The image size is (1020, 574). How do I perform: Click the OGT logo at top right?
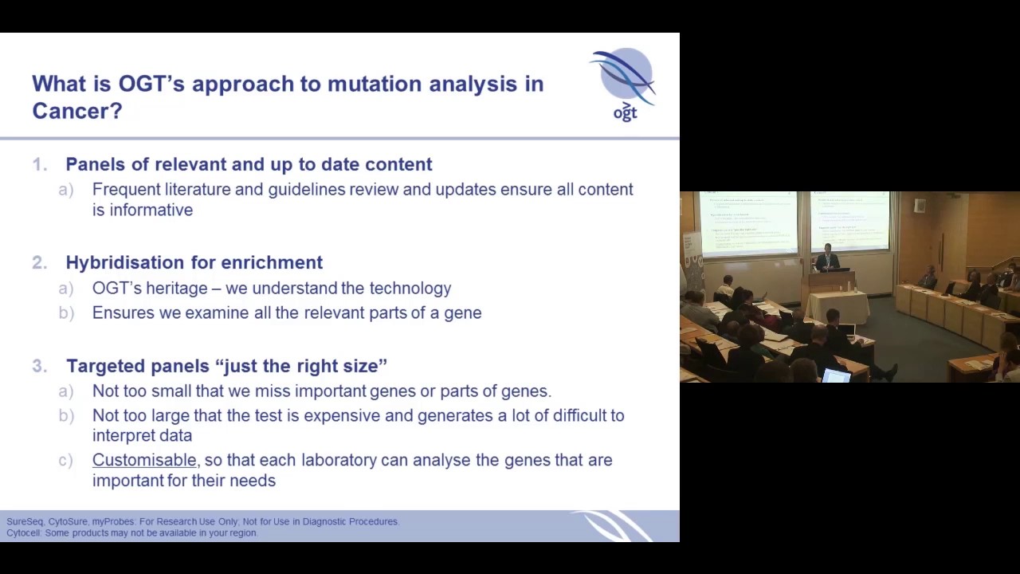(x=624, y=84)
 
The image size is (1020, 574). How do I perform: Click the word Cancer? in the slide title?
(x=76, y=111)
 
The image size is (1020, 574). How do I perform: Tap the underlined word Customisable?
(x=144, y=460)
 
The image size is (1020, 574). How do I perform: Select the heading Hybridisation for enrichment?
(x=194, y=262)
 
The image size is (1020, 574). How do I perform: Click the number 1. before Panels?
(x=40, y=164)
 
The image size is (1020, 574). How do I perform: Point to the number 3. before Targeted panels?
(x=40, y=366)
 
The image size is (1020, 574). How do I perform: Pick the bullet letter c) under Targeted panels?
(x=65, y=460)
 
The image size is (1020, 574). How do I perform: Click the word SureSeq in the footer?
(x=25, y=521)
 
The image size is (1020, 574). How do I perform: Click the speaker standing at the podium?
(x=828, y=258)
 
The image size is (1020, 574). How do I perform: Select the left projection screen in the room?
(x=747, y=223)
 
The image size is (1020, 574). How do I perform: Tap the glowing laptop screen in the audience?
(x=835, y=375)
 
